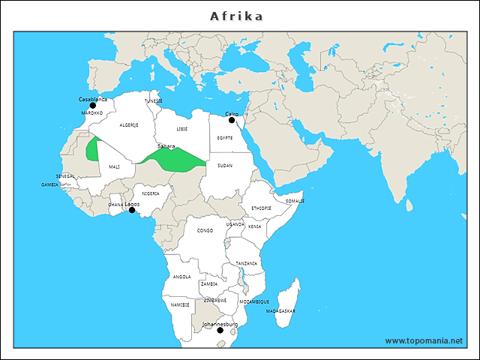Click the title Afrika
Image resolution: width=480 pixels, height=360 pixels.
point(237,16)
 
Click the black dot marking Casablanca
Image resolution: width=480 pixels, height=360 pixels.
point(93,106)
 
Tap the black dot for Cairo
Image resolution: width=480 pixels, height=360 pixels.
point(232,120)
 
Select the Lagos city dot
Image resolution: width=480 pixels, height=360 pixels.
point(132,210)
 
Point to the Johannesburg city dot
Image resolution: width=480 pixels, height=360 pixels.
point(220,330)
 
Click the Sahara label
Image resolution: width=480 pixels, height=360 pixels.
point(166,146)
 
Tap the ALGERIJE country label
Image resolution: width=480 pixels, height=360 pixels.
point(129,125)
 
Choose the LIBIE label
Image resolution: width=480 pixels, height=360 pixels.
point(182,129)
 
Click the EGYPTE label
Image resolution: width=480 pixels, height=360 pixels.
point(225,138)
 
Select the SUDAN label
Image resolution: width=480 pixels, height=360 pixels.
point(225,165)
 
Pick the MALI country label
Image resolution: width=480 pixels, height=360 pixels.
point(114,166)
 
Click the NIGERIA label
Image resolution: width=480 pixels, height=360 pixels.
point(151,193)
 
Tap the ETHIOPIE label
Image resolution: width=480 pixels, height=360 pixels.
point(261,208)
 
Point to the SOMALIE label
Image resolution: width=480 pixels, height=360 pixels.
point(295,201)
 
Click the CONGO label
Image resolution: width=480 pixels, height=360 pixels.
point(205,230)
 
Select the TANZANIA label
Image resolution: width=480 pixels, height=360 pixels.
point(246,263)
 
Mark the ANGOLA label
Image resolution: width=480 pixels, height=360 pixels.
point(181,277)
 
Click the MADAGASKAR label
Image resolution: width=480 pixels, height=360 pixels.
point(280,310)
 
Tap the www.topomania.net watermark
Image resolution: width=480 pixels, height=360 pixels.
point(424,340)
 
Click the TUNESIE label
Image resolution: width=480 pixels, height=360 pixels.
point(154,100)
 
